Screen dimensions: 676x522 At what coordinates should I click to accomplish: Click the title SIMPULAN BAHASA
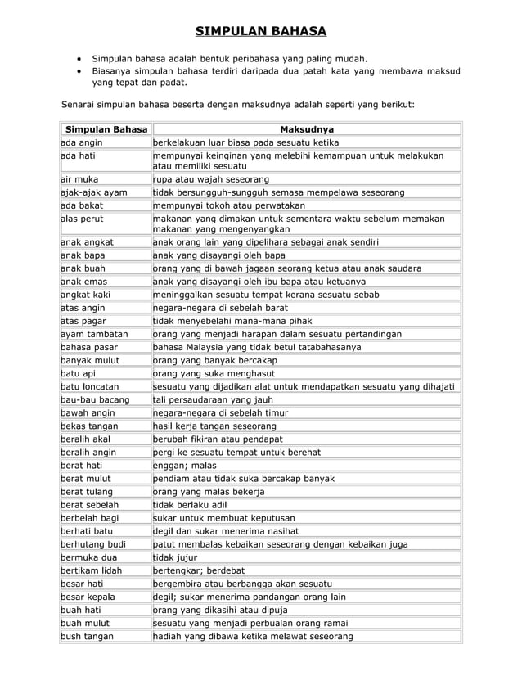(260, 32)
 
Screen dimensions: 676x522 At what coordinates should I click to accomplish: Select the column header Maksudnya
(307, 129)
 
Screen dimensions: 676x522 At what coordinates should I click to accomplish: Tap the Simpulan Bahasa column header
(106, 129)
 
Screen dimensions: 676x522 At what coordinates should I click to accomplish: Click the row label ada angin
(82, 142)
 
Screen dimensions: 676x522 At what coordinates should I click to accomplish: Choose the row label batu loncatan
(91, 385)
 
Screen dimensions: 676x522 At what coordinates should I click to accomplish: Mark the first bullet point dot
(79, 59)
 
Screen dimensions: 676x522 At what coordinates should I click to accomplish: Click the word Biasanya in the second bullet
(115, 71)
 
